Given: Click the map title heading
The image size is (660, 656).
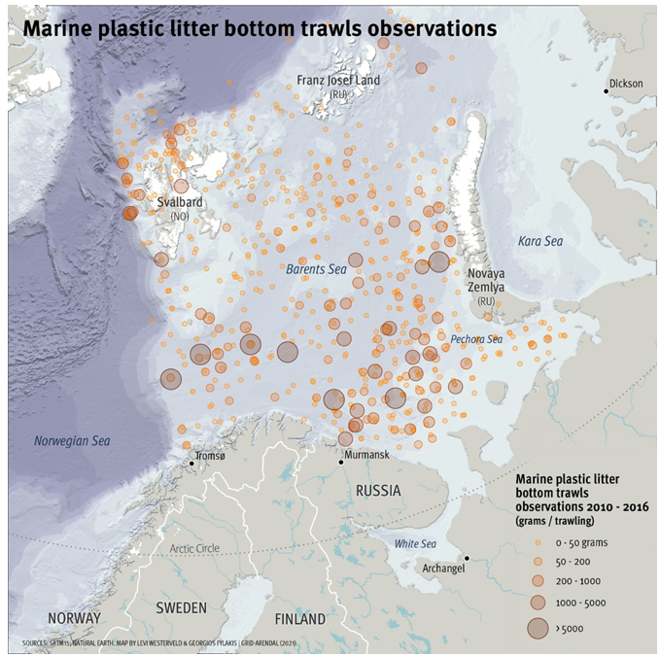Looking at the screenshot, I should (x=260, y=29).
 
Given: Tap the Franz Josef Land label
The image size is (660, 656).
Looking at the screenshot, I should (x=338, y=81).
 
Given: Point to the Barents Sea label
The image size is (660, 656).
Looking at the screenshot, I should (x=316, y=268).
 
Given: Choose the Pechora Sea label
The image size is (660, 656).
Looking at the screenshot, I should (x=475, y=339).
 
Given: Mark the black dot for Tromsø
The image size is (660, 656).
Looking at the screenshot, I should (x=192, y=464).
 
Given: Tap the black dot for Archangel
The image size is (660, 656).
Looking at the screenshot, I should (x=467, y=558).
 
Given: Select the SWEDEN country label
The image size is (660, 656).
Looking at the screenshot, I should (x=181, y=607).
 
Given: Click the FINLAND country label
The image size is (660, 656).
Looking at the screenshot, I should (x=299, y=618).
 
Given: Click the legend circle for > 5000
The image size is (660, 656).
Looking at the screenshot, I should (x=537, y=628).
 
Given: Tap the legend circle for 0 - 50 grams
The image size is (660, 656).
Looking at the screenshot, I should (x=537, y=541).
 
